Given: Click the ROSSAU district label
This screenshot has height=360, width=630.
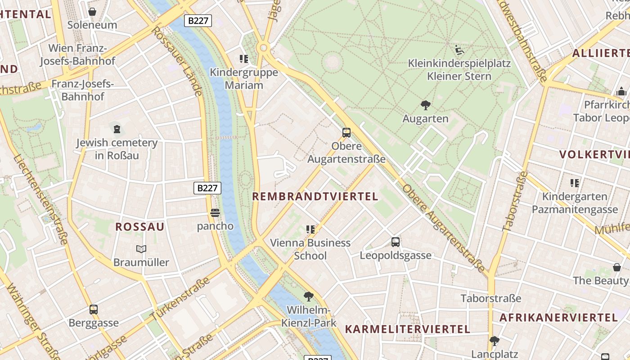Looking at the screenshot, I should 140,227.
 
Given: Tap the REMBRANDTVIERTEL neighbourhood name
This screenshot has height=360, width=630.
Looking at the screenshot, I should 315,197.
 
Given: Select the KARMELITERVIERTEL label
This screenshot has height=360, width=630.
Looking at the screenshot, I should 408,329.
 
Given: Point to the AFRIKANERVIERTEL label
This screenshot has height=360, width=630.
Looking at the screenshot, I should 559,317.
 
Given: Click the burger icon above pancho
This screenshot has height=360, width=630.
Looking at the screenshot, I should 215,212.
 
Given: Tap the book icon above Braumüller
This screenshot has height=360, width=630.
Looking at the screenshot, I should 141,249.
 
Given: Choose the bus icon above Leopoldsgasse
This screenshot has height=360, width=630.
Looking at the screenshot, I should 396,242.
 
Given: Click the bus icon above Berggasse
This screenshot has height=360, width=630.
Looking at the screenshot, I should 94,310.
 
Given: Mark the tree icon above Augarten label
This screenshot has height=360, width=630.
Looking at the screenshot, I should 425,105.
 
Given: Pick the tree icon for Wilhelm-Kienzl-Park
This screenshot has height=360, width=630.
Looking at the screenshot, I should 309,296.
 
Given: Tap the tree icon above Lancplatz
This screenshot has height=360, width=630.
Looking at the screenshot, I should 495,341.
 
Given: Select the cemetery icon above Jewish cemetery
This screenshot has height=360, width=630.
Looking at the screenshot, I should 117,130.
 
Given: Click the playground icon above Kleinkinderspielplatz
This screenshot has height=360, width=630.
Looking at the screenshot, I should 459,49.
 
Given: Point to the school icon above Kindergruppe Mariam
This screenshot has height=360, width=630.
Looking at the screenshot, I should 244,58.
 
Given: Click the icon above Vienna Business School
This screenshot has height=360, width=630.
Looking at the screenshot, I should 310,229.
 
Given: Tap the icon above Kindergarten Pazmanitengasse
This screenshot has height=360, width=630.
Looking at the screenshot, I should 575,183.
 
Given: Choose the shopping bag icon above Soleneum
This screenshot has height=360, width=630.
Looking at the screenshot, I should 92,12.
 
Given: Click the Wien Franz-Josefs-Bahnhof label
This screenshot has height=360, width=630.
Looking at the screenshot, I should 77,54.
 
